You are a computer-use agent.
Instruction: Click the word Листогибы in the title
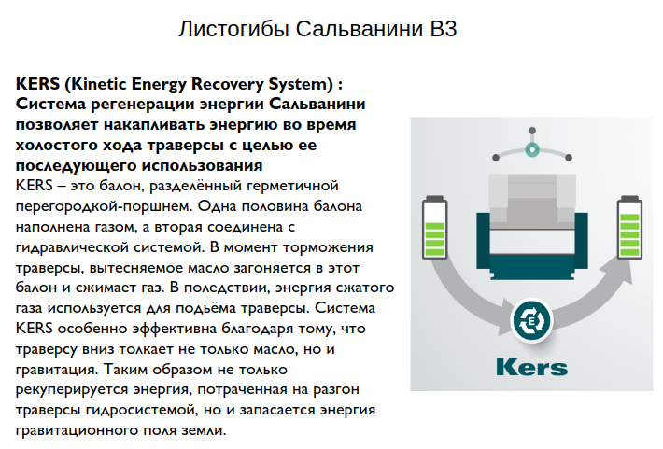click(x=234, y=30)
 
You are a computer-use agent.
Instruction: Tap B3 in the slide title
click(x=444, y=29)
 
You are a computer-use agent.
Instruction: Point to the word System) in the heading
click(x=301, y=84)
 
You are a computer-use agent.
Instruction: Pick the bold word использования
click(x=202, y=166)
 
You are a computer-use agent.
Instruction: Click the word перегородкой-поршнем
click(x=105, y=206)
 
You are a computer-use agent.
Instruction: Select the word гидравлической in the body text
click(x=72, y=247)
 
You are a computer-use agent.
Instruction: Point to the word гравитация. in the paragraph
click(x=56, y=370)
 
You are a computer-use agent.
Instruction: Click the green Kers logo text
click(x=531, y=367)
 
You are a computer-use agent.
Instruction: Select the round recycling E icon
click(x=532, y=321)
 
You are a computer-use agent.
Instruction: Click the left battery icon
click(x=434, y=227)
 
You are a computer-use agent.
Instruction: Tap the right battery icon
click(x=629, y=227)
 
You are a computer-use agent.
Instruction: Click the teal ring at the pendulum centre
click(x=532, y=149)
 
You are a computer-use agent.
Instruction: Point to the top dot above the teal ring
click(x=532, y=131)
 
